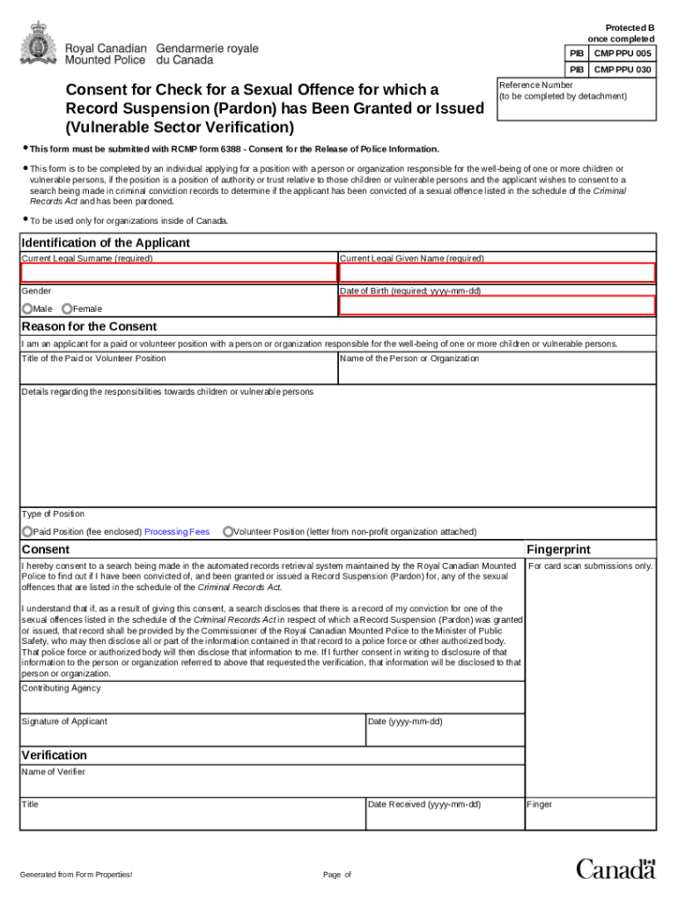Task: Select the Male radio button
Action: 27,308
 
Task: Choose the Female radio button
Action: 67,308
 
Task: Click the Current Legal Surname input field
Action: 179,273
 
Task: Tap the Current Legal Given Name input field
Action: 497,273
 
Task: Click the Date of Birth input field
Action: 497,306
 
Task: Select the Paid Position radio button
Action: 27,531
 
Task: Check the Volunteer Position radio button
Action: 228,531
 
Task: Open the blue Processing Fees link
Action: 177,532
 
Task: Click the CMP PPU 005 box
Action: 623,54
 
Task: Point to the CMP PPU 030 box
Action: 623,70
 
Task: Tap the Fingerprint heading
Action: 558,550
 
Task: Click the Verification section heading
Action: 54,755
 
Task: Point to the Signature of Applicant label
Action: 64,721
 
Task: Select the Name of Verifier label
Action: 53,773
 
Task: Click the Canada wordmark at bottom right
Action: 616,869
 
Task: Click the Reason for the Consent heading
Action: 89,327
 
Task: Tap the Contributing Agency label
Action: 61,688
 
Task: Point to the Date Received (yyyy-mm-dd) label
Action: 424,804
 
